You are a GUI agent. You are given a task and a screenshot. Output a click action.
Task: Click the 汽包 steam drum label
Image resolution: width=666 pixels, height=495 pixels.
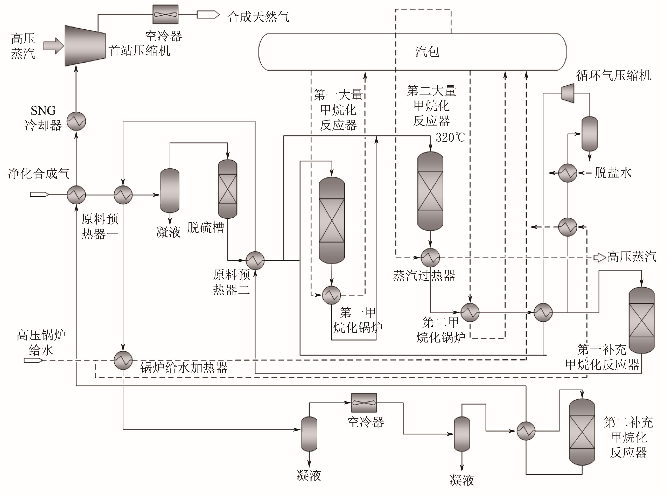[x=427, y=52]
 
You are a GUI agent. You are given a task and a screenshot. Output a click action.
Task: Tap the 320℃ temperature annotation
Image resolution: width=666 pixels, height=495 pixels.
[x=450, y=138]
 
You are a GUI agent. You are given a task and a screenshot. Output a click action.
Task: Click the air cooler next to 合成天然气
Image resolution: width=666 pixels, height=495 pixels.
[x=165, y=14]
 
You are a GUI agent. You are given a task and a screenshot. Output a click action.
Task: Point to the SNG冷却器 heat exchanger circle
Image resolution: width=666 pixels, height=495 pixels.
[x=76, y=121]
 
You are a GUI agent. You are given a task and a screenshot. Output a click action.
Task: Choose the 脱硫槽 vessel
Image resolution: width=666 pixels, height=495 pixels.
[x=228, y=189]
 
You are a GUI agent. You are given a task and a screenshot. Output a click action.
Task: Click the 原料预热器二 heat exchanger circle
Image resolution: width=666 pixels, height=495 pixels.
[x=255, y=260]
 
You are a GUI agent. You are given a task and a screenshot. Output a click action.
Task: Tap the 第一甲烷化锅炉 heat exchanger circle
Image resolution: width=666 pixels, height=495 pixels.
[x=331, y=295]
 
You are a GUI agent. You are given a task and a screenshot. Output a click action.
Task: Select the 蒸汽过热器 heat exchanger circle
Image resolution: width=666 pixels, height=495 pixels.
[x=430, y=258]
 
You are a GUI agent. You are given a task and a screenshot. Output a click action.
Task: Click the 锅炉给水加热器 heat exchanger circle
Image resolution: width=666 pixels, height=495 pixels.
[x=123, y=360]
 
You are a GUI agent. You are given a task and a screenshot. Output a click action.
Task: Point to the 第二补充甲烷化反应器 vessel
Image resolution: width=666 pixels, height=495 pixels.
[x=582, y=432]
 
